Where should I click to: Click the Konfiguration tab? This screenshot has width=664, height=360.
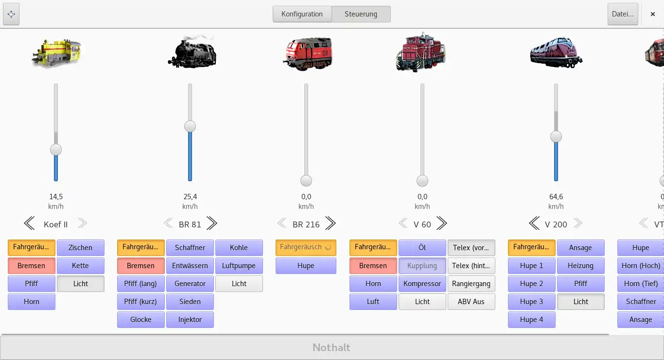pyautogui.click(x=302, y=14)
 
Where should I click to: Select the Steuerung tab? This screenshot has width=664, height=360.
pyautogui.click(x=361, y=14)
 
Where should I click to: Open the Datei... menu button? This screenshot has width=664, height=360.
pyautogui.click(x=622, y=14)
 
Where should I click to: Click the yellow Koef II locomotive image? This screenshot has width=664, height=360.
pyautogui.click(x=56, y=52)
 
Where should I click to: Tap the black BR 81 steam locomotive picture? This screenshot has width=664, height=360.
pyautogui.click(x=192, y=52)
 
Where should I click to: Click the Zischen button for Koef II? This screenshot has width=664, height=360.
pyautogui.click(x=80, y=248)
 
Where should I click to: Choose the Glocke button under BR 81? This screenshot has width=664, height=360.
pyautogui.click(x=140, y=320)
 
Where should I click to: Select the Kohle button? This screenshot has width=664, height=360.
pyautogui.click(x=239, y=248)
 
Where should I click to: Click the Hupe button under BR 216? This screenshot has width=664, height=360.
pyautogui.click(x=306, y=266)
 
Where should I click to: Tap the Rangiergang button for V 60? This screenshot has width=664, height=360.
pyautogui.click(x=471, y=284)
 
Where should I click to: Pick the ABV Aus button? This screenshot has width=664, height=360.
pyautogui.click(x=471, y=302)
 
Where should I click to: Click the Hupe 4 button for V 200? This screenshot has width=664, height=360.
pyautogui.click(x=531, y=320)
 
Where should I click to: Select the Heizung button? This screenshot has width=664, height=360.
pyautogui.click(x=580, y=266)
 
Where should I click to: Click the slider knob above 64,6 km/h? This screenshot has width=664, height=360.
pyautogui.click(x=556, y=137)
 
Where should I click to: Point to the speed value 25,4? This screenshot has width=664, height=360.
pyautogui.click(x=190, y=197)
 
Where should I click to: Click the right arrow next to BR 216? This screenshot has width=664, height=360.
pyautogui.click(x=331, y=223)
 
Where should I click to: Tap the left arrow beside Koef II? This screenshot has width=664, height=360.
pyautogui.click(x=29, y=223)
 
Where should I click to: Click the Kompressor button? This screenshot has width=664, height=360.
pyautogui.click(x=422, y=284)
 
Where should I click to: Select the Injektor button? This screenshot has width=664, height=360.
pyautogui.click(x=190, y=320)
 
